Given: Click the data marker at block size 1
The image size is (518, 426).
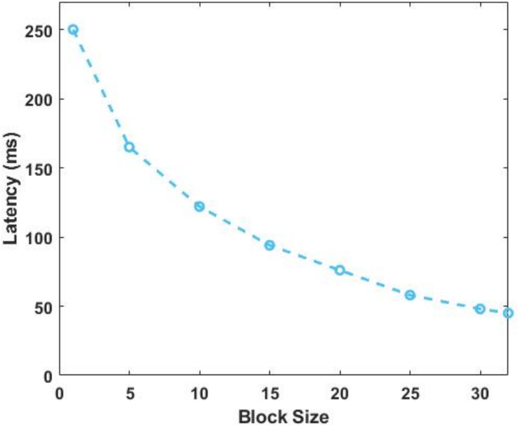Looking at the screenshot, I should click(x=73, y=30).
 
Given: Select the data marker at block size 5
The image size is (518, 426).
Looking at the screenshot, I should click(x=129, y=147).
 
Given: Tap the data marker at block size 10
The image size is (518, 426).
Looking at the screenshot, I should click(x=199, y=206).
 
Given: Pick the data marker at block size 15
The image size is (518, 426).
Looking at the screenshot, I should click(x=270, y=245).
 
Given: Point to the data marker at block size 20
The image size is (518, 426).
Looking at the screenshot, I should click(x=340, y=270).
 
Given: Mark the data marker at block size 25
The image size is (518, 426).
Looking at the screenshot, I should click(x=410, y=295).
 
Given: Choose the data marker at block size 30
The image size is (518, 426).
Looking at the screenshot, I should click(x=480, y=309).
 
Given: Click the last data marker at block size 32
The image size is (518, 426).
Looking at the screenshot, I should click(x=508, y=313).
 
